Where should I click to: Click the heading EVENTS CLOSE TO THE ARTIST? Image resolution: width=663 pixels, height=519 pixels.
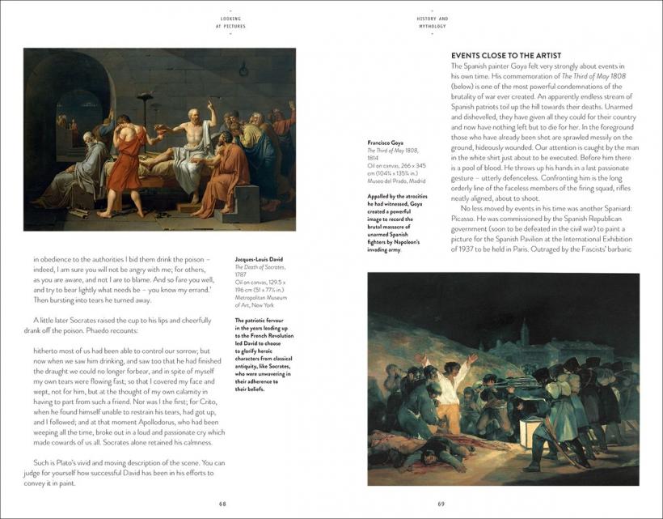(505, 55)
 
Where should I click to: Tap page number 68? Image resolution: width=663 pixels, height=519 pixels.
(222, 504)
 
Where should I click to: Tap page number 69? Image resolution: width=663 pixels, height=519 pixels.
(441, 504)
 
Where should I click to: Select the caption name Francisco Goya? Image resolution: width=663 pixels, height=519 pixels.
(386, 142)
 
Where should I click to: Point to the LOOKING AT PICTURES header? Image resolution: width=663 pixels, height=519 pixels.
(230, 22)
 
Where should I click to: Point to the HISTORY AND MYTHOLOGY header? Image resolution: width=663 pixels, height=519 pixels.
(433, 22)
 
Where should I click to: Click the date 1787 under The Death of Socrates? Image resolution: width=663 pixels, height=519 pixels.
(241, 274)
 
